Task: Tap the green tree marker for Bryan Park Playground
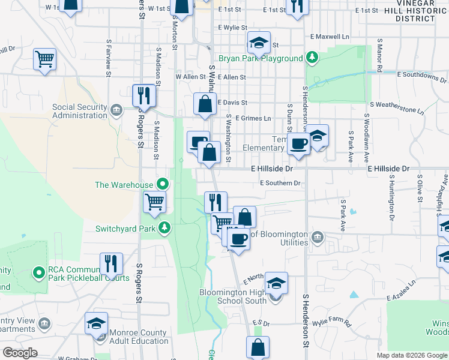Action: (x=312, y=58)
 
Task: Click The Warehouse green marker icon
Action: (x=162, y=184)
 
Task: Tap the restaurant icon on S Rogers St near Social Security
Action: (x=144, y=95)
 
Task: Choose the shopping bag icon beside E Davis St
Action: (x=205, y=104)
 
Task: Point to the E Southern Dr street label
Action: (x=279, y=183)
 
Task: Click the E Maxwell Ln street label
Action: (x=330, y=37)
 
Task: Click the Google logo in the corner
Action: (x=20, y=352)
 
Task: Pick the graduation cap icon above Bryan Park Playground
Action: (x=259, y=43)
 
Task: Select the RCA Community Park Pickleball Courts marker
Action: (x=40, y=273)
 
